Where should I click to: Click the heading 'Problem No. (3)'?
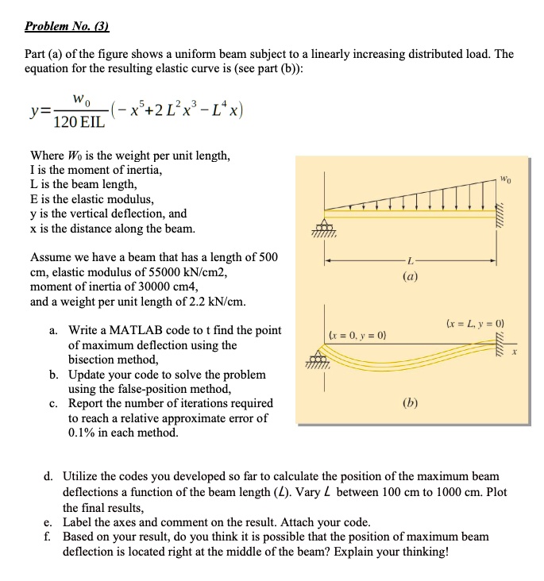(x=66, y=25)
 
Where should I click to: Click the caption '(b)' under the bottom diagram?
(x=411, y=402)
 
